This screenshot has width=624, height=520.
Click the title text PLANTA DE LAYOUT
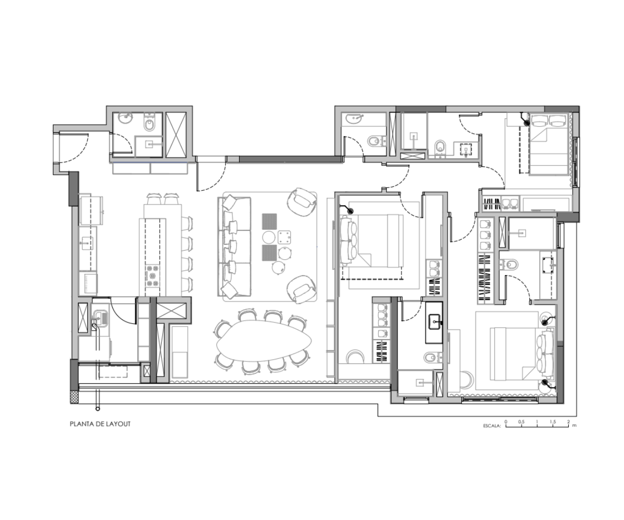[100, 424]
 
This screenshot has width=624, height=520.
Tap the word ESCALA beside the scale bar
[492, 426]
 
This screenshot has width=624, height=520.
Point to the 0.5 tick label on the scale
[522, 422]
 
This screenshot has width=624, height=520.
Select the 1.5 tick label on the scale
[553, 422]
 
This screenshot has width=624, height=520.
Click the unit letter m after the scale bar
[574, 425]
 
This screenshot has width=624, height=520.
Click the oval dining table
[264, 341]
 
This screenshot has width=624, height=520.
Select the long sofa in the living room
[235, 246]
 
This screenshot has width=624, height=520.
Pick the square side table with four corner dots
[284, 237]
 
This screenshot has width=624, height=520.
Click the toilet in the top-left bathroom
[149, 123]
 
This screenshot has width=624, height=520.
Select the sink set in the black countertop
[435, 321]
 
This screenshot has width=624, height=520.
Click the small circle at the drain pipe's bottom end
[98, 409]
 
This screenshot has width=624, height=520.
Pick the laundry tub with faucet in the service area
[101, 317]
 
